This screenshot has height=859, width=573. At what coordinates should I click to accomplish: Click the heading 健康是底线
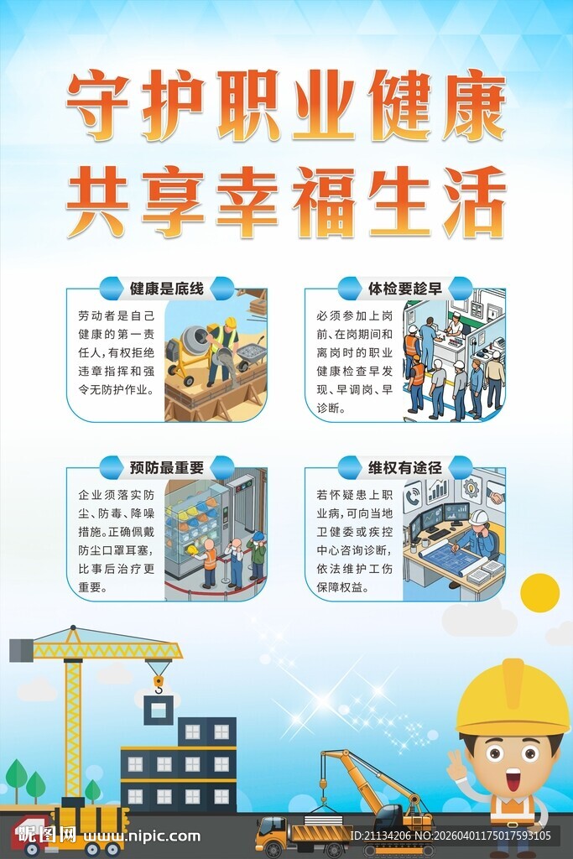[167, 289]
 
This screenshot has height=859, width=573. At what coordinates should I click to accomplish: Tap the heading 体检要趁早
[404, 289]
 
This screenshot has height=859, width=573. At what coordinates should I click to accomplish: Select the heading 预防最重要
[167, 467]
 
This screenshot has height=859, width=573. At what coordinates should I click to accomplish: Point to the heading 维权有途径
[404, 467]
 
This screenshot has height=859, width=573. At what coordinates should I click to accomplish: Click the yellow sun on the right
[539, 592]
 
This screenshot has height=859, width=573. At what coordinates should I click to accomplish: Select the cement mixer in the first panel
[191, 344]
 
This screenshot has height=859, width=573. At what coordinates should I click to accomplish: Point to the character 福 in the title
[325, 202]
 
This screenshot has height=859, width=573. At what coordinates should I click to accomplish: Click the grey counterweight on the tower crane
[21, 650]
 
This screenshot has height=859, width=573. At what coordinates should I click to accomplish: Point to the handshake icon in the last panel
[495, 497]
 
